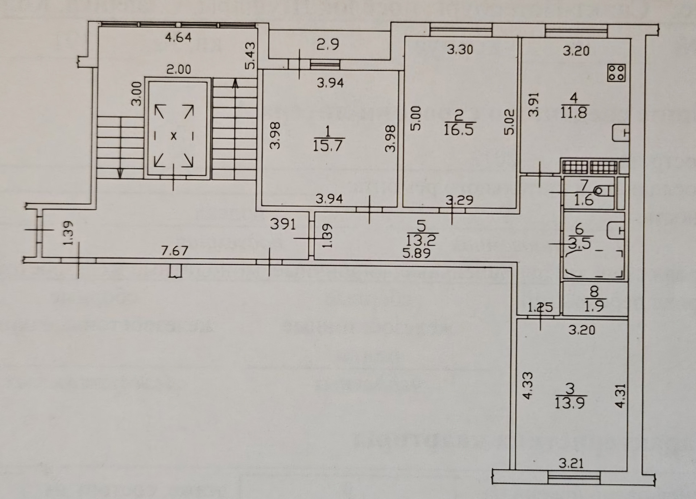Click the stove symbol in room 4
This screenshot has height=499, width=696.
pyautogui.click(x=616, y=72)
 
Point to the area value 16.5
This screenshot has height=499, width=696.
pyautogui.click(x=459, y=130)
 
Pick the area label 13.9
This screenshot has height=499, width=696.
pyautogui.click(x=569, y=403)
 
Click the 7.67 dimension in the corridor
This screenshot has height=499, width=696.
pyautogui.click(x=175, y=251)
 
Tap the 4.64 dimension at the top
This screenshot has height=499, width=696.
pyautogui.click(x=178, y=37)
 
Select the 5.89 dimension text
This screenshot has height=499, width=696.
pyautogui.click(x=417, y=253)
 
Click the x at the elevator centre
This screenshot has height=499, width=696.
pyautogui.click(x=174, y=136)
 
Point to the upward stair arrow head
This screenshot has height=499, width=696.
pyautogui.click(x=236, y=84)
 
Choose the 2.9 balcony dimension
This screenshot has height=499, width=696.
pyautogui.click(x=328, y=45)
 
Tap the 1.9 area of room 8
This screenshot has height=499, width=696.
pyautogui.click(x=594, y=307)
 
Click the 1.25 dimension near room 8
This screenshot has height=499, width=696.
pyautogui.click(x=540, y=308)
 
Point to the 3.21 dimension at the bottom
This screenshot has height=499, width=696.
pyautogui.click(x=571, y=463)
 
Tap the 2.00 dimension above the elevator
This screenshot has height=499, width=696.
pyautogui.click(x=179, y=69)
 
